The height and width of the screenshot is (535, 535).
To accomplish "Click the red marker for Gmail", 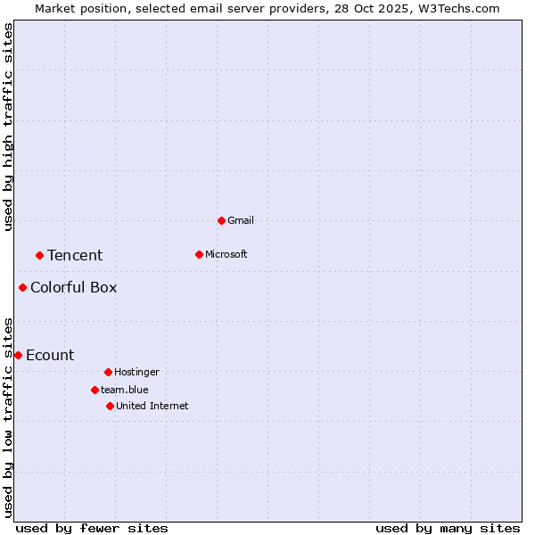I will click(x=221, y=220).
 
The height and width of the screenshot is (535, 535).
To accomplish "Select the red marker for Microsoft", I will click(x=199, y=254).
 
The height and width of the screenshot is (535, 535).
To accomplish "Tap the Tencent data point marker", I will click(x=39, y=255).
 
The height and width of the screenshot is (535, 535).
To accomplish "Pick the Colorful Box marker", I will click(x=22, y=287).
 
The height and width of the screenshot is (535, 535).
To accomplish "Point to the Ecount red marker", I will click(x=18, y=355).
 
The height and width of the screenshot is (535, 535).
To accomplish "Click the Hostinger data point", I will click(x=108, y=372).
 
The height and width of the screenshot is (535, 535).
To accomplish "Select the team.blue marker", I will click(x=95, y=390).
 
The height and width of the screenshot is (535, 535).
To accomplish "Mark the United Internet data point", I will click(x=110, y=406).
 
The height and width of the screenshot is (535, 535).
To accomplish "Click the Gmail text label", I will click(x=241, y=220).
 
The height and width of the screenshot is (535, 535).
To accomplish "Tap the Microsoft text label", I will click(x=226, y=254).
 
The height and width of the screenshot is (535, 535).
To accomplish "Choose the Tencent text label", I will click(x=75, y=255).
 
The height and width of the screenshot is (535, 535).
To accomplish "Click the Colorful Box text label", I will click(x=73, y=287).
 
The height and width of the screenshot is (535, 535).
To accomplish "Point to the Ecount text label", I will click(x=50, y=355).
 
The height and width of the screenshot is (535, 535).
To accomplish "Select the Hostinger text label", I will click(x=136, y=372).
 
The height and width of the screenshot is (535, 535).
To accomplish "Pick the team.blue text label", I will click(x=125, y=390).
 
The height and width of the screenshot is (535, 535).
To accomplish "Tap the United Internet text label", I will click(x=152, y=406).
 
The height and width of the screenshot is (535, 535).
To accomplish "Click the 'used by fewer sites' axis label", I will click(x=92, y=528).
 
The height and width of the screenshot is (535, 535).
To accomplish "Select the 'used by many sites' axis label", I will click(x=448, y=528).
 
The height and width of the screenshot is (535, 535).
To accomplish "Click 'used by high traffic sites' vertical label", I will click(x=8, y=127).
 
